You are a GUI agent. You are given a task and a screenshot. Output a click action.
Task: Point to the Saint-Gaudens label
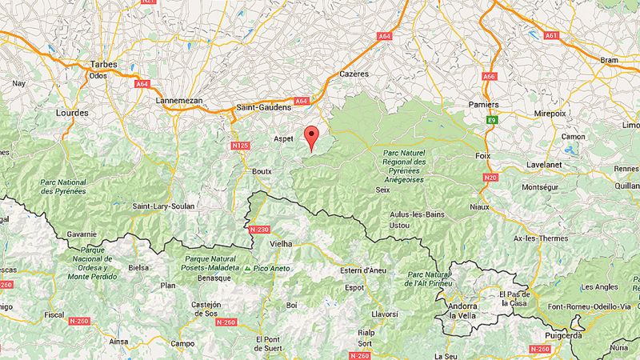coord(263,106)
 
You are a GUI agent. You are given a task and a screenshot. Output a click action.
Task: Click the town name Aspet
coord(285,138)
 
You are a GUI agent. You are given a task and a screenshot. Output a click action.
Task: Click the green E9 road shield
coord(493,120)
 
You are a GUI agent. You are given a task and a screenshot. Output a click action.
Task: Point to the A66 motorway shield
coord(490,77)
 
